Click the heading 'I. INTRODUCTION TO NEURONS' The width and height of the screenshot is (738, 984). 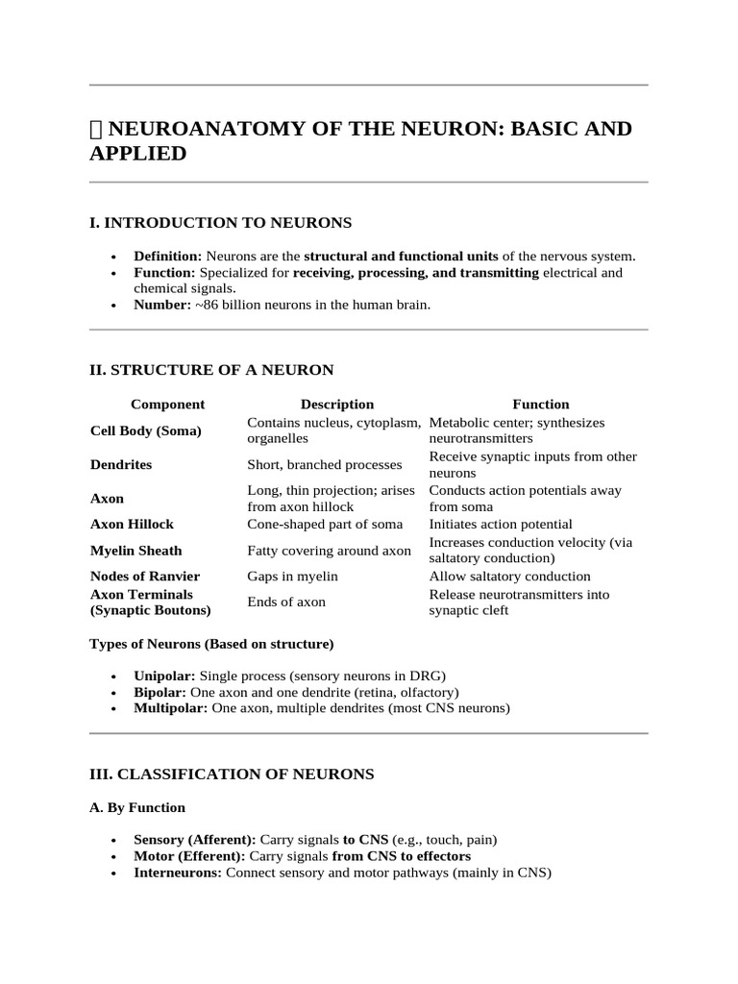tap(220, 223)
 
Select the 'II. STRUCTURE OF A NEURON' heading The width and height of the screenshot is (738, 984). tap(211, 370)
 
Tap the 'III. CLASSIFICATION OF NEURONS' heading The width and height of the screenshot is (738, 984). tap(232, 774)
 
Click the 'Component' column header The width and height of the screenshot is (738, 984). tap(167, 405)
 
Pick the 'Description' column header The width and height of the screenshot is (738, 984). tap(336, 405)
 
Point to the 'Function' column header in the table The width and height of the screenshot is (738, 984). tap(540, 405)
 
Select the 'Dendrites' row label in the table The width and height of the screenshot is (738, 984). tap(121, 464)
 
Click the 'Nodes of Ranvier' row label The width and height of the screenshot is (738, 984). tap(145, 576)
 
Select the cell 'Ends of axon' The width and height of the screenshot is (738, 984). tap(286, 602)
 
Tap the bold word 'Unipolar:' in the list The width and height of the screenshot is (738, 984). tap(164, 676)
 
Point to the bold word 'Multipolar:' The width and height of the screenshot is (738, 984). tap(170, 708)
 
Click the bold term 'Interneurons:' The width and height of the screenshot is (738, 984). tap(178, 873)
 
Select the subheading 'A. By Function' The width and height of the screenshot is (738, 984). tap(137, 807)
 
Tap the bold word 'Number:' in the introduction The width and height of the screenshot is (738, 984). tap(162, 305)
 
